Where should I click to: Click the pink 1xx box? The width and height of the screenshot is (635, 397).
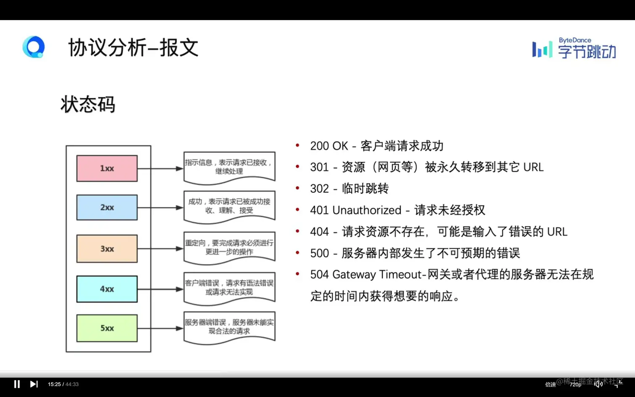(107, 168)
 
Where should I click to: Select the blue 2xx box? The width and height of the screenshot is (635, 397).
(107, 208)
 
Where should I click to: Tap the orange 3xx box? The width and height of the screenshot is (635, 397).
(107, 249)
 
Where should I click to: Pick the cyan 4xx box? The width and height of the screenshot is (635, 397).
(107, 289)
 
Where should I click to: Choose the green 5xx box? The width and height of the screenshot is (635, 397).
(107, 328)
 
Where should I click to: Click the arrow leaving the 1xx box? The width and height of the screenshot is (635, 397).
(160, 168)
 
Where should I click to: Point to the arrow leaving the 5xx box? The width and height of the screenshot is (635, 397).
(160, 328)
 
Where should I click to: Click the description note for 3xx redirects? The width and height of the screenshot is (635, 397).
(229, 247)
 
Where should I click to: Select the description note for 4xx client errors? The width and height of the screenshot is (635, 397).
(229, 288)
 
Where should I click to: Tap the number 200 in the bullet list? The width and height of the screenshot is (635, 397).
(319, 146)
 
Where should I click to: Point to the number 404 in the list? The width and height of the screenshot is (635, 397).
(319, 231)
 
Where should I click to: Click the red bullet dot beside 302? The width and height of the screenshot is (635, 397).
(297, 188)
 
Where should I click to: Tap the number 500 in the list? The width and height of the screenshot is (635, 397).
(319, 253)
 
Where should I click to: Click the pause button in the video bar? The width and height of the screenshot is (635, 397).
(17, 384)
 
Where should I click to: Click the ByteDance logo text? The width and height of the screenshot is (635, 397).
(575, 40)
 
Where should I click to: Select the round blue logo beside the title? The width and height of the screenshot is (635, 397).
(34, 47)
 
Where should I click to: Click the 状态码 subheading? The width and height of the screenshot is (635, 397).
(88, 104)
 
